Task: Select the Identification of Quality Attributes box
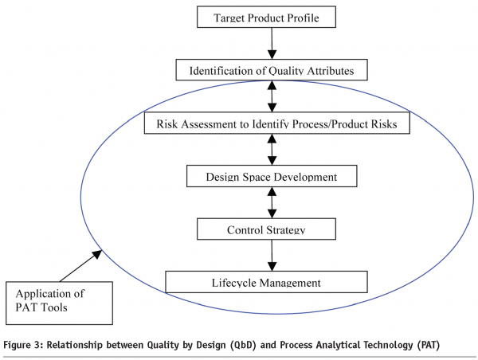click(273, 70)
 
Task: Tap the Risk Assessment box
click(276, 123)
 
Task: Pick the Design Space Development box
click(272, 176)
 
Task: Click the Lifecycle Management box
click(266, 282)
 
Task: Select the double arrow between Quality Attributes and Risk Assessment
click(273, 96)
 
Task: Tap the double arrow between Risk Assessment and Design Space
click(272, 150)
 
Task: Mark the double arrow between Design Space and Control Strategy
click(272, 202)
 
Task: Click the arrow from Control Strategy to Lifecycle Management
click(272, 256)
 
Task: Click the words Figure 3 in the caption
click(25, 345)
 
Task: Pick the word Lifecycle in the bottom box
click(236, 282)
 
